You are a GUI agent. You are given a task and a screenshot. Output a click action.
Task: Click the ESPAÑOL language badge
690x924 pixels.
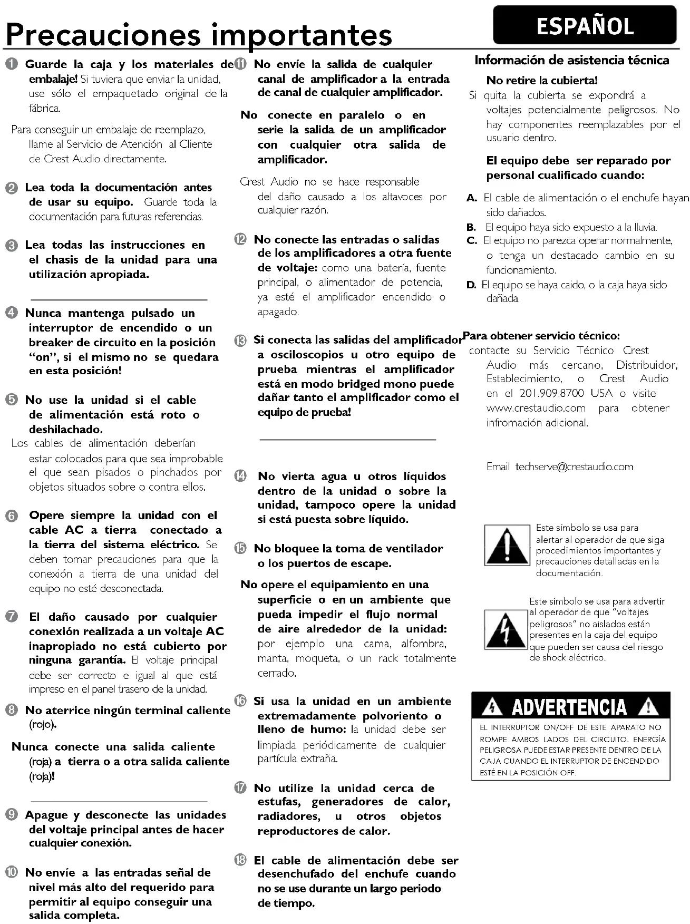pyautogui.click(x=585, y=25)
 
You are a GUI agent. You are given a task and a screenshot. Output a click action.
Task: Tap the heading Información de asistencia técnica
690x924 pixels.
pyautogui.click(x=572, y=60)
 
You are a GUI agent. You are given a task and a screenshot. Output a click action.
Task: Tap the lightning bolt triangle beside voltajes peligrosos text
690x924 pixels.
pyautogui.click(x=506, y=629)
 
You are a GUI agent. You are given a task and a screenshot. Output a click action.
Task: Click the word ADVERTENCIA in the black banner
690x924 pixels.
pyautogui.click(x=569, y=707)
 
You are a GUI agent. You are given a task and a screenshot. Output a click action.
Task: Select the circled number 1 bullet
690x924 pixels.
pyautogui.click(x=12, y=65)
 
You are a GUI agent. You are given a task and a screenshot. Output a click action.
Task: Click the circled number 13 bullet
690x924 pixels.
pyautogui.click(x=240, y=341)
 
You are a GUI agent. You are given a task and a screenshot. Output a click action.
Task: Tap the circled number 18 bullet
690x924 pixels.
pyautogui.click(x=240, y=860)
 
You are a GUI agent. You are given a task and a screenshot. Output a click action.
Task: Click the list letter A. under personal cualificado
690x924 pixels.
pyautogui.click(x=472, y=198)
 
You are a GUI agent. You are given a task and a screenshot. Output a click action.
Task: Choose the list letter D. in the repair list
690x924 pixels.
pyautogui.click(x=472, y=285)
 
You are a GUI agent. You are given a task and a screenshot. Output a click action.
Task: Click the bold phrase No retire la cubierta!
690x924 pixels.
pyautogui.click(x=542, y=81)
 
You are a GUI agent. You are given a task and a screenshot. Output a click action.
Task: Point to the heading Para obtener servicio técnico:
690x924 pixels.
pyautogui.click(x=541, y=336)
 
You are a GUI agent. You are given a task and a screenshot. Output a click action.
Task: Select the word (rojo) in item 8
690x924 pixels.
pyautogui.click(x=42, y=725)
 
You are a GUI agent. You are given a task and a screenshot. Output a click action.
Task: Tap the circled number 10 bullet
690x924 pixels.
pyautogui.click(x=12, y=873)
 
